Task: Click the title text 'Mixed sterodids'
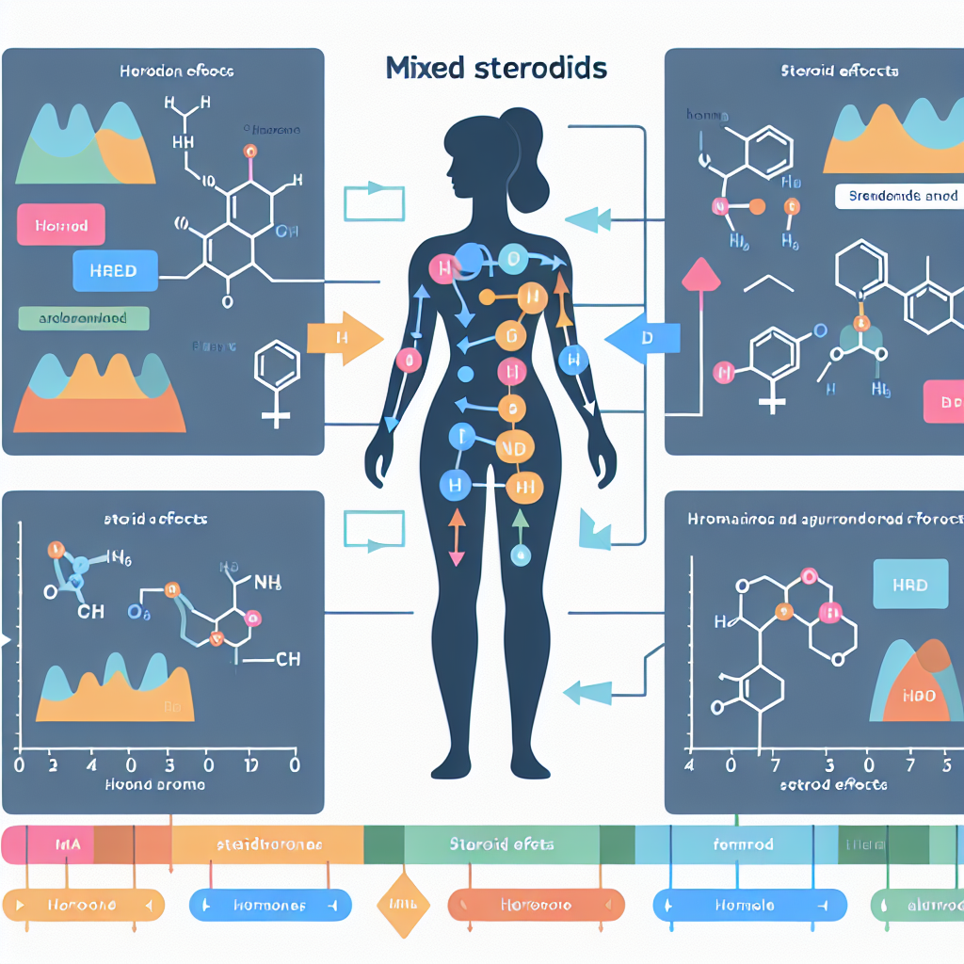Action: pos(496,69)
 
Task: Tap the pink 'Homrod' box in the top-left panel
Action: pos(60,227)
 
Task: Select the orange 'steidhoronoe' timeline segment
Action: pos(269,844)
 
